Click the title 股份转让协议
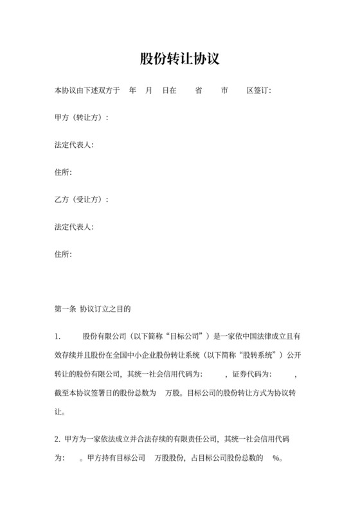pyautogui.click(x=180, y=60)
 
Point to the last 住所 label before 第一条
pyautogui.click(x=63, y=254)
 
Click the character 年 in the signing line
pyautogui.click(x=132, y=91)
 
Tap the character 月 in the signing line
pyautogui.click(x=149, y=91)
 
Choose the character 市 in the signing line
pyautogui.click(x=224, y=91)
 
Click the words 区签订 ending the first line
pyautogui.click(x=258, y=91)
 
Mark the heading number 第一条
pyautogui.click(x=65, y=309)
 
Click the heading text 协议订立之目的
pyautogui.click(x=105, y=309)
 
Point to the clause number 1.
pyautogui.click(x=58, y=337)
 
